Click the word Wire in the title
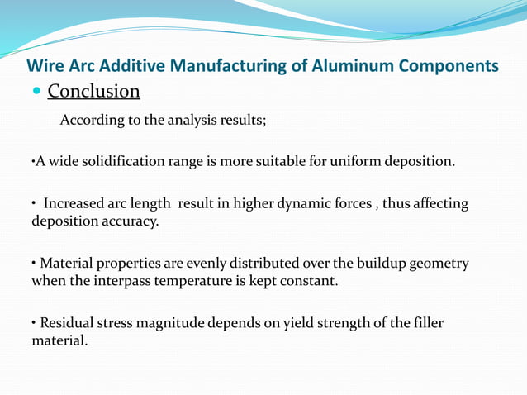(x=45, y=65)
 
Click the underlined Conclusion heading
(x=93, y=90)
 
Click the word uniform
(x=356, y=160)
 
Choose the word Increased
(x=78, y=204)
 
